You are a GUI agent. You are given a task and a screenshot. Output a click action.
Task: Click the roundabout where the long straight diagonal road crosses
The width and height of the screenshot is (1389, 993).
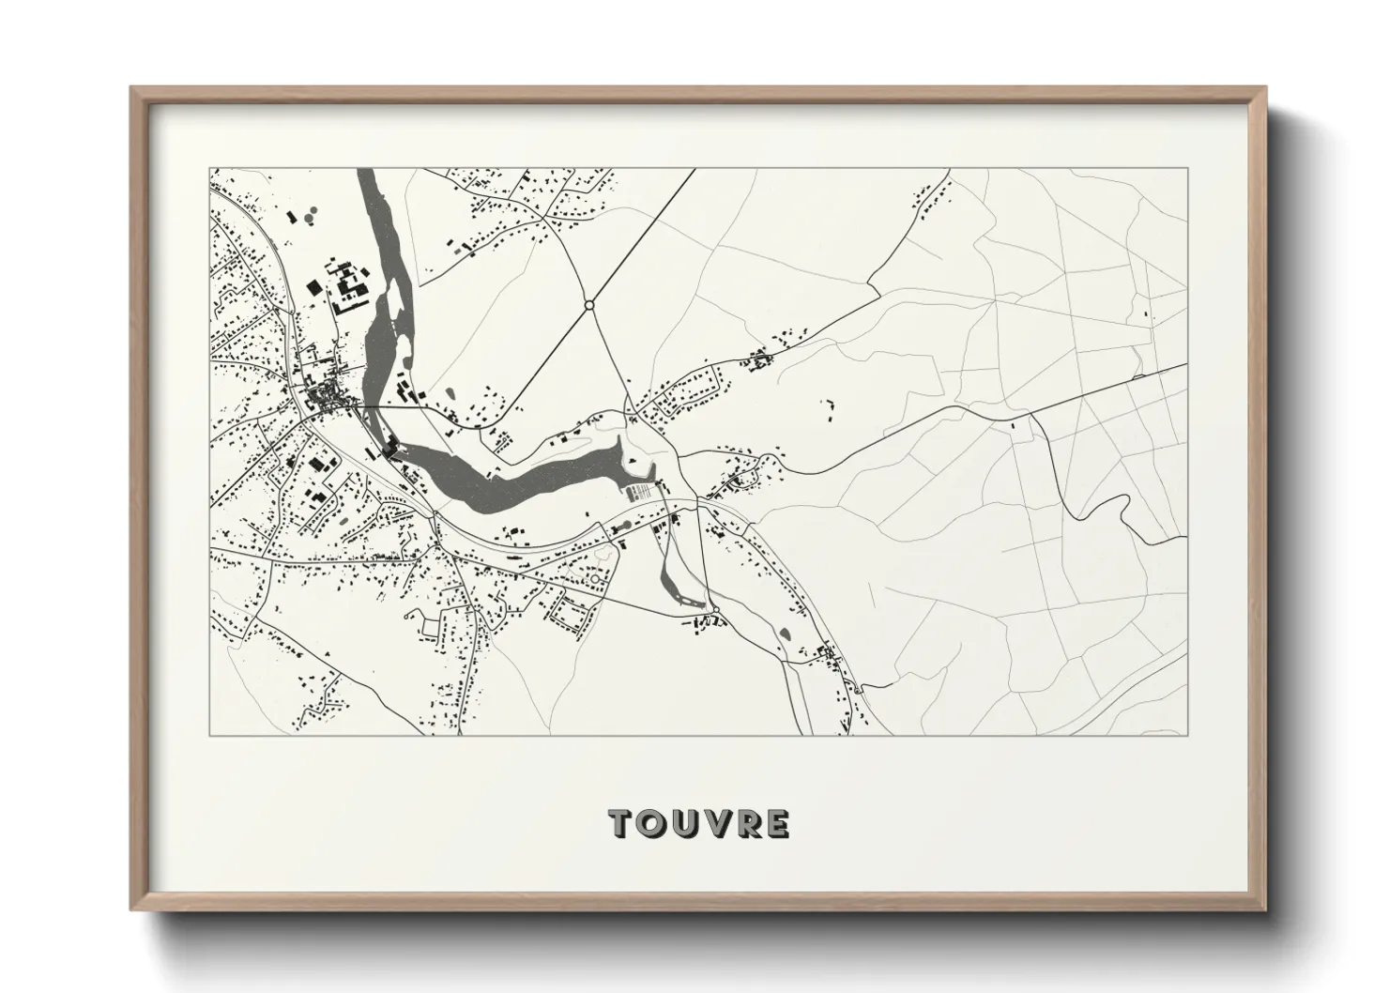pos(589,305)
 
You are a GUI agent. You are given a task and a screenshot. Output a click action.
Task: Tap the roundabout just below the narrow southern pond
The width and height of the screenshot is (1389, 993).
pos(715,610)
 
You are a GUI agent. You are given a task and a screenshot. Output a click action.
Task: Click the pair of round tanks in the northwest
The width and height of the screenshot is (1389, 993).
pos(298,219)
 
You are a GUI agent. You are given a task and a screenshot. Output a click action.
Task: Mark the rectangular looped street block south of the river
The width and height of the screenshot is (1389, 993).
pos(572,614)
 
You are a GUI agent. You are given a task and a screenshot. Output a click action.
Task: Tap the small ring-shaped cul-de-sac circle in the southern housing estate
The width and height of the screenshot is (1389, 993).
pos(594,579)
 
